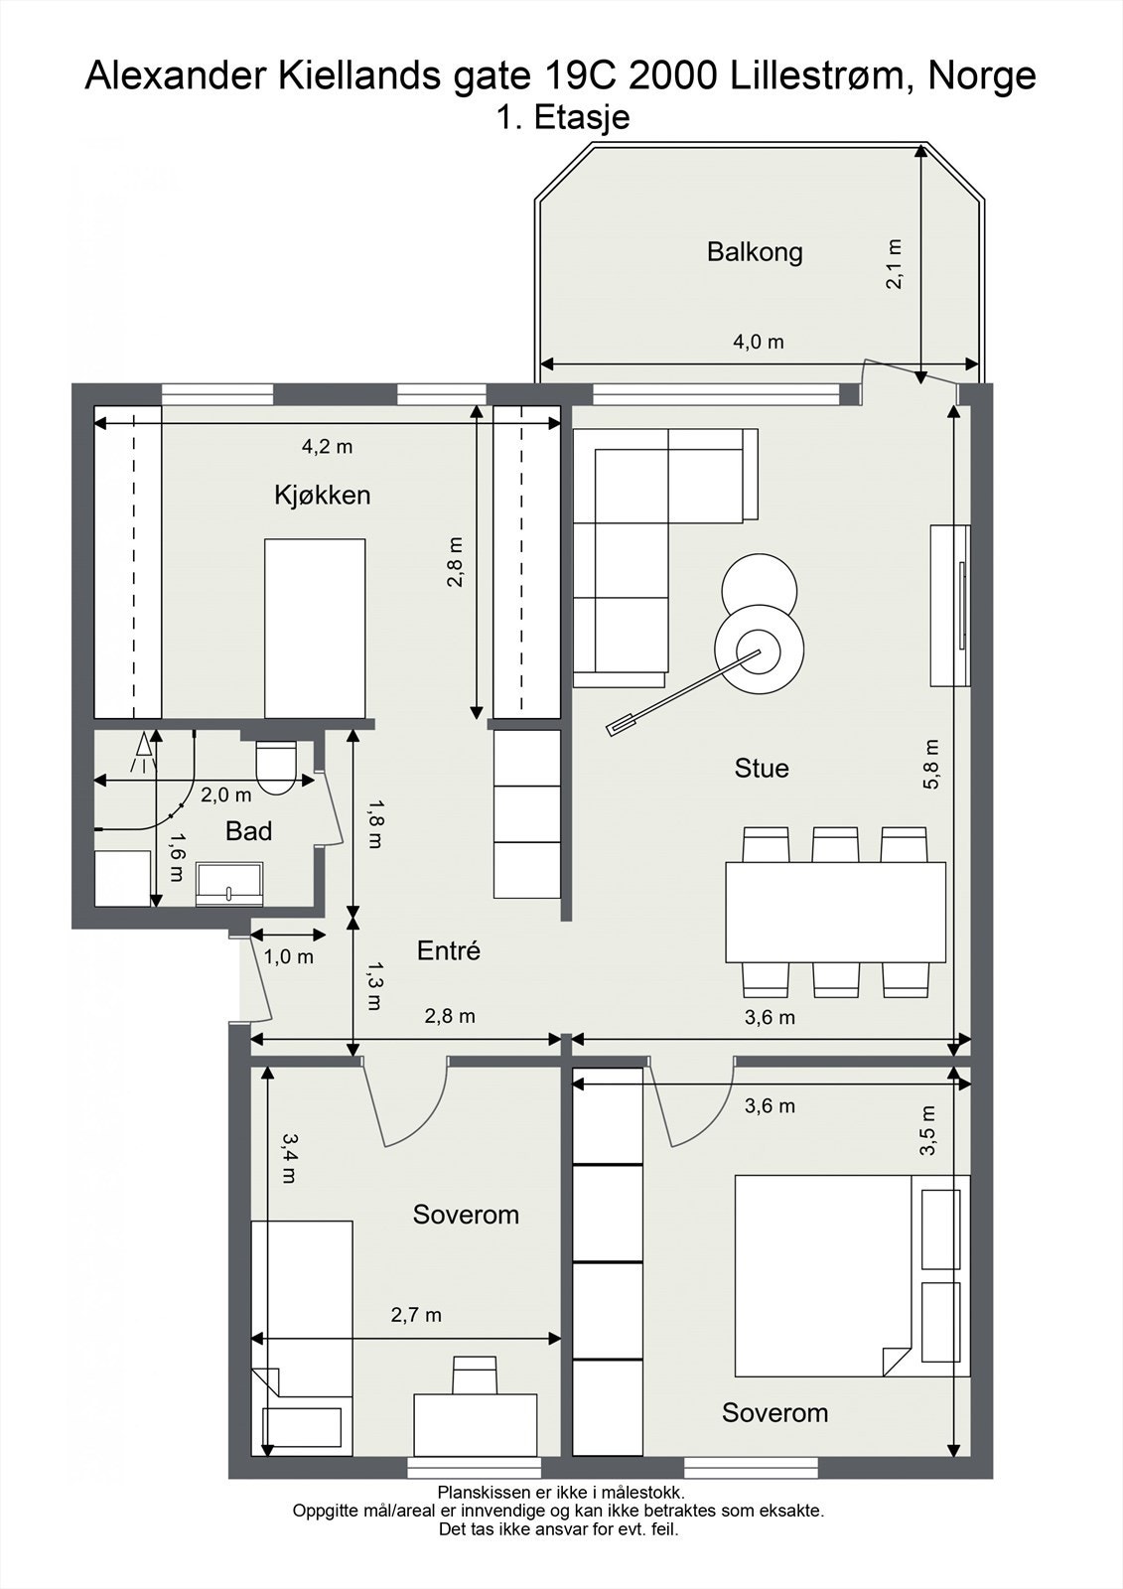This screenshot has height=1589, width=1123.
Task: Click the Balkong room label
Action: (x=755, y=252)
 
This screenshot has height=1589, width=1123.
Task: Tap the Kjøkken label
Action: (x=323, y=496)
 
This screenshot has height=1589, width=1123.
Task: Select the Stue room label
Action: (x=762, y=768)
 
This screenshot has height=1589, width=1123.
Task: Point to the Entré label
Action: (x=449, y=950)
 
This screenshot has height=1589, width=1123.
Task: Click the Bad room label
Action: (x=248, y=830)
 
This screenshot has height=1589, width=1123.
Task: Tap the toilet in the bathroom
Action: (x=275, y=767)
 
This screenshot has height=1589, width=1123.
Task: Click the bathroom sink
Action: (x=229, y=885)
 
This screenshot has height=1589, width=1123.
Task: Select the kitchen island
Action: (x=315, y=629)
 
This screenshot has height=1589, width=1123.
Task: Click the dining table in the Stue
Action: (x=836, y=913)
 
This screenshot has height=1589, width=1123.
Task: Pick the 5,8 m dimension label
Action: (x=931, y=764)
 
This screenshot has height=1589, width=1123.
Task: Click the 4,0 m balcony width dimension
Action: (x=759, y=342)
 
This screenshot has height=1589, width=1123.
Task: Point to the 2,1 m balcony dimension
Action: (x=895, y=264)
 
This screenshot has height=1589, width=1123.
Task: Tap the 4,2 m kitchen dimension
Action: (x=327, y=446)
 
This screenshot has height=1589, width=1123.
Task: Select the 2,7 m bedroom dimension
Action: (x=416, y=1315)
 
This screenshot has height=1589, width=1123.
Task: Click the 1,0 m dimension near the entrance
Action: (x=289, y=957)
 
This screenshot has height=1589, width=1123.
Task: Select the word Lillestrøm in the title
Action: (x=817, y=75)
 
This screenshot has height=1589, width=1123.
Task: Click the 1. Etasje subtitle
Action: (x=562, y=117)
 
